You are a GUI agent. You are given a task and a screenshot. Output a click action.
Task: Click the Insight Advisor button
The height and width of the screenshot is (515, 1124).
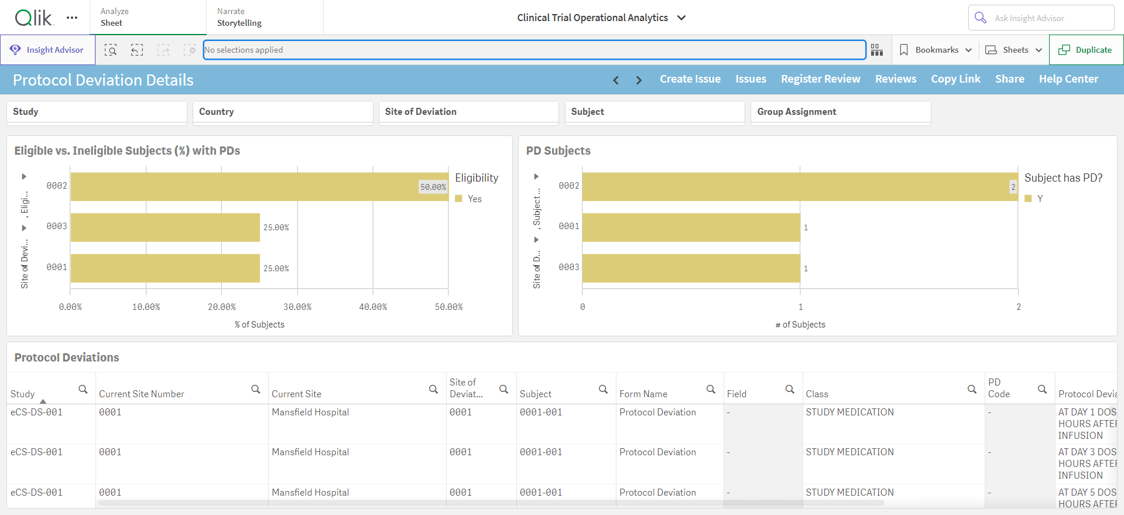[47, 50]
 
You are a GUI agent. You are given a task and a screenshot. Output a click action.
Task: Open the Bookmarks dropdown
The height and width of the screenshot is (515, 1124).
[935, 50]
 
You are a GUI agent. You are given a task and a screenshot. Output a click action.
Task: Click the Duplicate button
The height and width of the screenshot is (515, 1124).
[1086, 50]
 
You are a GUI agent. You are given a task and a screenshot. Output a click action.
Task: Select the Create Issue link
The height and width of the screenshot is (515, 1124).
[690, 79]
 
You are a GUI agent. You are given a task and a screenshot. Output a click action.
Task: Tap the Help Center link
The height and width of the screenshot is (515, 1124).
[1068, 79]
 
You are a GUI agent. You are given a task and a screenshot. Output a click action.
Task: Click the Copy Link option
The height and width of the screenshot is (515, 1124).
[955, 79]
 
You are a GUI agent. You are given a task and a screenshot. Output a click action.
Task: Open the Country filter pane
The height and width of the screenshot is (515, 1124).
[283, 112]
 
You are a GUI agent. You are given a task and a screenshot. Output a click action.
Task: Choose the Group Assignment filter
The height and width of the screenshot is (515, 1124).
[841, 112]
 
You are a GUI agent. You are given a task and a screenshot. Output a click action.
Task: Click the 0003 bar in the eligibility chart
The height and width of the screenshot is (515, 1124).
[165, 227]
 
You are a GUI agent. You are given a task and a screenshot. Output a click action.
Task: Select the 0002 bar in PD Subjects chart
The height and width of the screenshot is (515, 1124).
[800, 187]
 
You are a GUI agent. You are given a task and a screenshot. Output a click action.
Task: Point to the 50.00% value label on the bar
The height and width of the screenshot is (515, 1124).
[433, 187]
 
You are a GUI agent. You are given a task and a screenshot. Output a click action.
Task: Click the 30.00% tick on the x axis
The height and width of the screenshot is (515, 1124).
[297, 307]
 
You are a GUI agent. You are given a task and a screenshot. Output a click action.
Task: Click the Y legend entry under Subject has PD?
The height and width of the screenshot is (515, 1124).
[1034, 199]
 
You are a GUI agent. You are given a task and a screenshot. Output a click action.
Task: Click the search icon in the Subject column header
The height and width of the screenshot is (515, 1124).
[603, 389]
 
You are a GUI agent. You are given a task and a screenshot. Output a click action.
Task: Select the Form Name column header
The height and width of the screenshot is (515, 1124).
[643, 394]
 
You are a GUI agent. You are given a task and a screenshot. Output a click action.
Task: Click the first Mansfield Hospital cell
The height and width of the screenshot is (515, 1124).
[310, 412]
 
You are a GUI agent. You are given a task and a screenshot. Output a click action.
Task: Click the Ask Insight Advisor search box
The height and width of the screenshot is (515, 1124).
[1041, 18]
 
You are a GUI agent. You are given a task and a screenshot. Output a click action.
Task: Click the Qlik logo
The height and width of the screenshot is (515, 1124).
[34, 18]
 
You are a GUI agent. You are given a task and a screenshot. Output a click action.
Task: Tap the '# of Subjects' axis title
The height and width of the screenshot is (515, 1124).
[800, 325]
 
